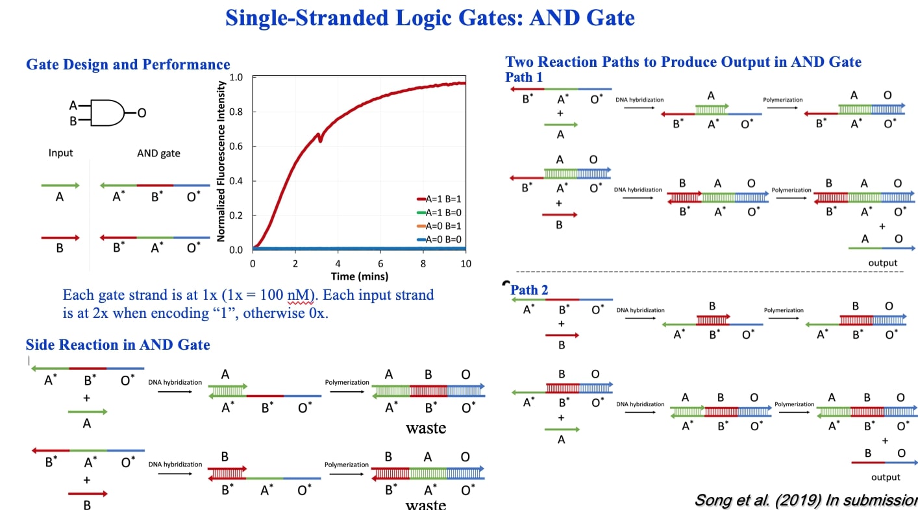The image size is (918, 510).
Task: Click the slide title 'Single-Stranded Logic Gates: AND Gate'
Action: [430, 18]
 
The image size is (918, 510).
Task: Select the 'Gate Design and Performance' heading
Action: [128, 64]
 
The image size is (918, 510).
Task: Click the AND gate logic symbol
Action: [106, 113]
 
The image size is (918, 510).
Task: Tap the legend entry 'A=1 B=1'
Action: [443, 199]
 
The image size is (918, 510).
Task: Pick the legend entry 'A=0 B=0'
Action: [443, 239]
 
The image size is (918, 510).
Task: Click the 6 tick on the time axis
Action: [380, 263]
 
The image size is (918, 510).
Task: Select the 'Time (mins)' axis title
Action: [360, 276]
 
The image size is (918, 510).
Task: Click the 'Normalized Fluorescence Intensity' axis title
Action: [221, 161]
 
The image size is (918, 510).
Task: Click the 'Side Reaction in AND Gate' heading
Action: [118, 345]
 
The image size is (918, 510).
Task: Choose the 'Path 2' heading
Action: [529, 289]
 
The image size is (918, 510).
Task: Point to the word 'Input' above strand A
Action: [61, 153]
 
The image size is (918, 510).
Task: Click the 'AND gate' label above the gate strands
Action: [158, 153]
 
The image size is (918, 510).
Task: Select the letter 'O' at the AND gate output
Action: [142, 113]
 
